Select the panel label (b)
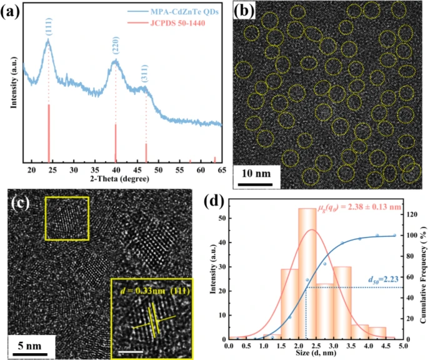pos(242,12)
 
